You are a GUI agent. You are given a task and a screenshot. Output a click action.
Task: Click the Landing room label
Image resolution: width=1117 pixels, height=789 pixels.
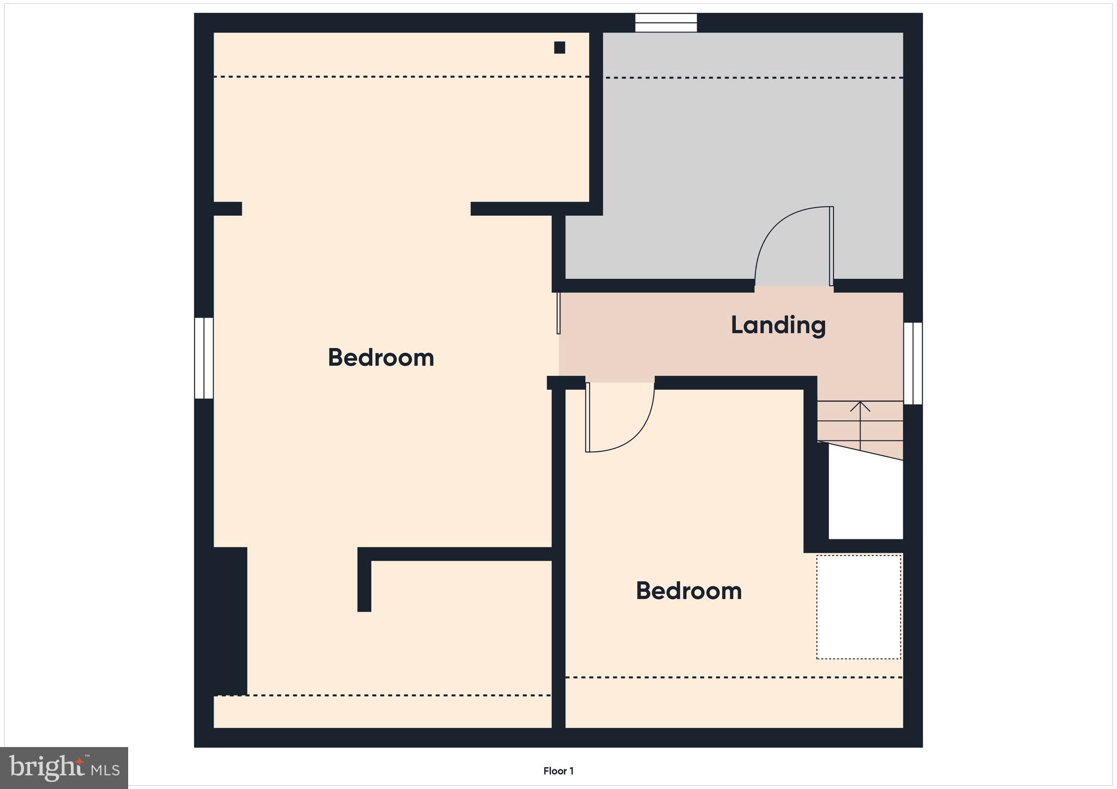pos(778,325)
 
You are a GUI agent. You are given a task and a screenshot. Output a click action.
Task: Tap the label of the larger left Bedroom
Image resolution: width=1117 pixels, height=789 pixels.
pos(381,358)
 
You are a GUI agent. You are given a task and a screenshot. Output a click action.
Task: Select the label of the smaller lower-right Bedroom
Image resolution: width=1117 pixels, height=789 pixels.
pos(688,591)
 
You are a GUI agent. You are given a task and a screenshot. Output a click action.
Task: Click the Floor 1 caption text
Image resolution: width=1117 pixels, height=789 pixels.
pos(558,771)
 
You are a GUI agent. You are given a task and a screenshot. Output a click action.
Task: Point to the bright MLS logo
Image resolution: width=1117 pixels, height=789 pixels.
pos(64,768)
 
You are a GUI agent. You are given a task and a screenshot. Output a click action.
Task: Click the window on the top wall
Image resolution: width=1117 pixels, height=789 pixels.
pos(666,23)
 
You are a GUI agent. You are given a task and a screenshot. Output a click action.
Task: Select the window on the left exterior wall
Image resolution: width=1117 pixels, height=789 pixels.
pos(204,358)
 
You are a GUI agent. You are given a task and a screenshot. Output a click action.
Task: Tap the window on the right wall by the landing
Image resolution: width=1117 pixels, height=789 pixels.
pos(913,363)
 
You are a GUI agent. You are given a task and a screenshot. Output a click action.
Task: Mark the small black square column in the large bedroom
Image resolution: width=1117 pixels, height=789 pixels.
pos(560,47)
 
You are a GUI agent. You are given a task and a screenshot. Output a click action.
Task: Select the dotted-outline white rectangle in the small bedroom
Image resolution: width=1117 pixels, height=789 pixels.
pos(858,606)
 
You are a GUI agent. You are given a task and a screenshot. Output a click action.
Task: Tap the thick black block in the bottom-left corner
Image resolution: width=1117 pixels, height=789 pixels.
pos(230,621)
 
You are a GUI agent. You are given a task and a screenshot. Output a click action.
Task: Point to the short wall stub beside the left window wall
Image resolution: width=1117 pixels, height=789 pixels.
pos(227,209)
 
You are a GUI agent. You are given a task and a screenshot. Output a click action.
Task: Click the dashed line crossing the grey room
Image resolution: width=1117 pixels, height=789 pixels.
pos(753,78)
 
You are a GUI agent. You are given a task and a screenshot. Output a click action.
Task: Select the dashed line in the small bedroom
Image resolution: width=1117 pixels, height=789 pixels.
pos(734,677)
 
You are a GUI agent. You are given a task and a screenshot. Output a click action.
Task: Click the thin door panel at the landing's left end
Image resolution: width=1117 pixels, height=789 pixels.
pos(558,313)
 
